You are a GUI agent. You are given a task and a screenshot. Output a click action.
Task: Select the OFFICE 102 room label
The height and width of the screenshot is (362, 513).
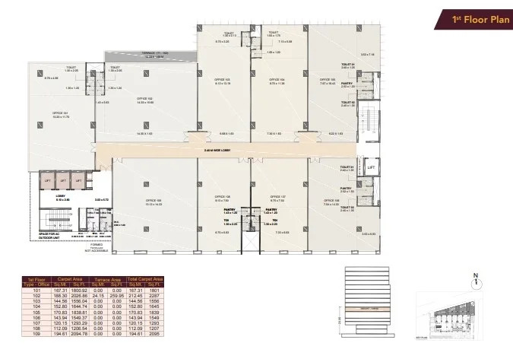[145, 100]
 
